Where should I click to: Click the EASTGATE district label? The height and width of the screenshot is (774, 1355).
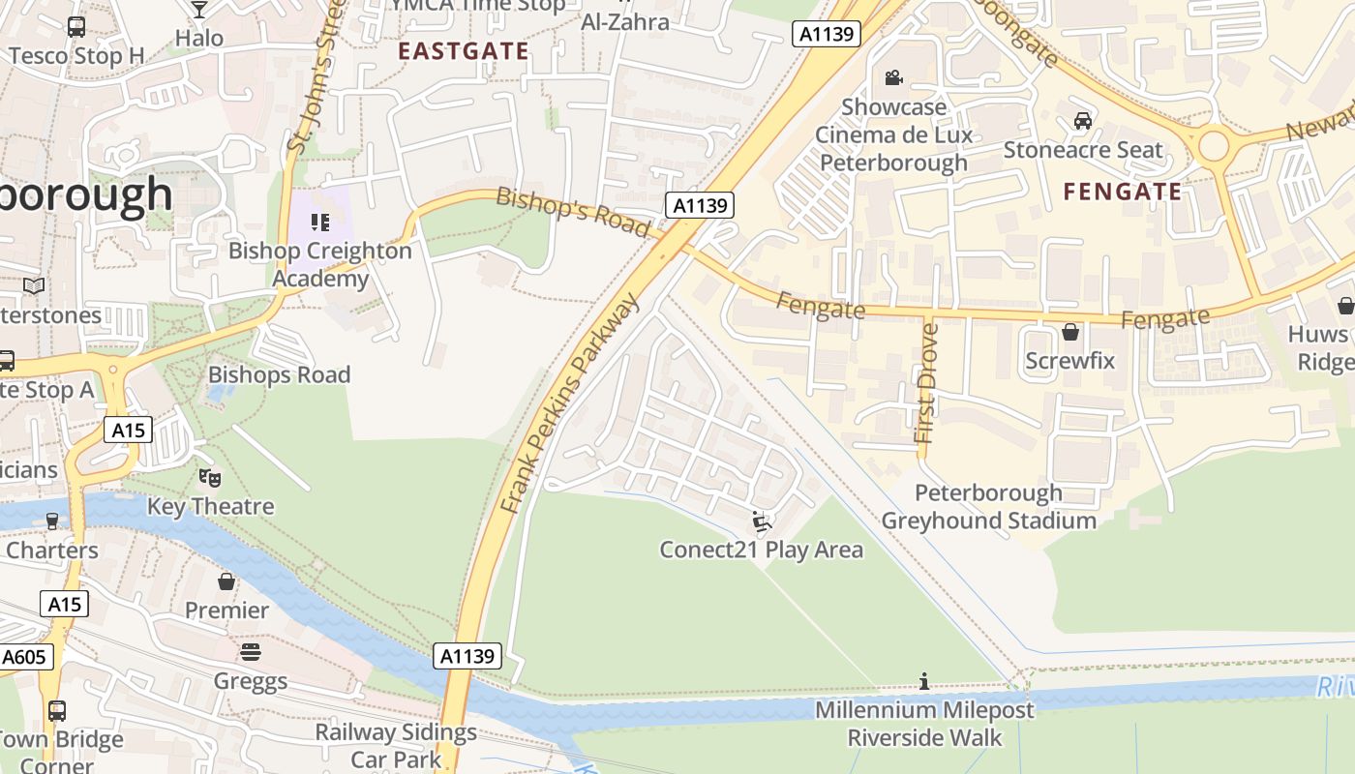[x=464, y=51]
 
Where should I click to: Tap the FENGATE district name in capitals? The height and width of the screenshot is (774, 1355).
[x=1122, y=192]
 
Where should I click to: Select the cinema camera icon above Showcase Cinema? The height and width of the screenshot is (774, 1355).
[x=893, y=77]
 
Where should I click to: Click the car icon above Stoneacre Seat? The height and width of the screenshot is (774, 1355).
[x=1083, y=121]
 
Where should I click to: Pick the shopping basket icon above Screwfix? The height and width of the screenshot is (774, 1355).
[x=1070, y=332]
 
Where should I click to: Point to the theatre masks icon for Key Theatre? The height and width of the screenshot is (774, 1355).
[x=210, y=477]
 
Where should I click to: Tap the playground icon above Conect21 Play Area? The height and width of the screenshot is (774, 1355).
[x=761, y=522]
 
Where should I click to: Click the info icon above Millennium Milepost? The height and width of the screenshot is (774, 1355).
[x=924, y=682]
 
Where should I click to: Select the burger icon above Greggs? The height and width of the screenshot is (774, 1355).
[x=251, y=652]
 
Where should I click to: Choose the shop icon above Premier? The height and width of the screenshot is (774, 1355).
[x=226, y=581]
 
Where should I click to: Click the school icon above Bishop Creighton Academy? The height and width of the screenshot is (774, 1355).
[x=320, y=223]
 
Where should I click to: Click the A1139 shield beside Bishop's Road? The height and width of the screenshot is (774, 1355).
[x=700, y=205]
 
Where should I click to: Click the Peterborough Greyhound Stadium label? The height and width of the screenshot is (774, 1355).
[x=988, y=507]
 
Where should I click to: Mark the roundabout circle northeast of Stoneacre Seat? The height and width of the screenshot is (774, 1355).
[x=1213, y=148]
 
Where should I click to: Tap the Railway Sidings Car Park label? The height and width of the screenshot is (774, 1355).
[x=396, y=745]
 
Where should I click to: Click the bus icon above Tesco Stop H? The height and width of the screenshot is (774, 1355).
[x=76, y=27]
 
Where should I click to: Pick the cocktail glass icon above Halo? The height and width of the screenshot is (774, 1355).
[x=199, y=10]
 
